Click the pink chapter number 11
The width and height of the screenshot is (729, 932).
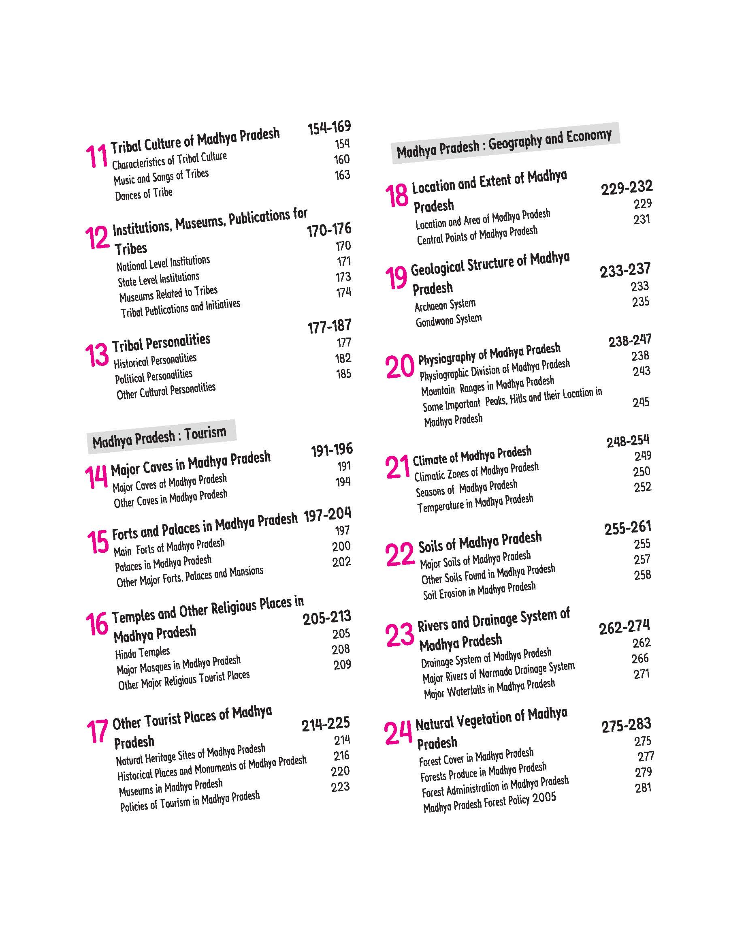(96, 156)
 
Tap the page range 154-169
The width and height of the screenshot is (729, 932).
(329, 127)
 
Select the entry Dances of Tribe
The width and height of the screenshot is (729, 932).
(143, 194)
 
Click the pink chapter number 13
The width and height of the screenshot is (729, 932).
(97, 355)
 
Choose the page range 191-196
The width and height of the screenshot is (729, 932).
(332, 450)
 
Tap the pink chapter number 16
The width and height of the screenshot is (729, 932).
(97, 624)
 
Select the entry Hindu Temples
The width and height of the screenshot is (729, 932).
(142, 653)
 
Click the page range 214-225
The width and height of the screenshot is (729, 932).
(326, 724)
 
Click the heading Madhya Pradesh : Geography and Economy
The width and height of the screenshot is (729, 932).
(504, 143)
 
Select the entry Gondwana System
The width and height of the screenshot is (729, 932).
(449, 320)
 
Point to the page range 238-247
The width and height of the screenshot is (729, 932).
(630, 340)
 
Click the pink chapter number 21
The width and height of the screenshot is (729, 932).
(397, 467)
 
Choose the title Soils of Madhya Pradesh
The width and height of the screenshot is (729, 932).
(480, 542)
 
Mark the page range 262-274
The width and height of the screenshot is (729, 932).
(624, 627)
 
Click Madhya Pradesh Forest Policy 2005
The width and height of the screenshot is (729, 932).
(490, 802)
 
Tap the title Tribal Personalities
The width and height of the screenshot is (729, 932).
(161, 342)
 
